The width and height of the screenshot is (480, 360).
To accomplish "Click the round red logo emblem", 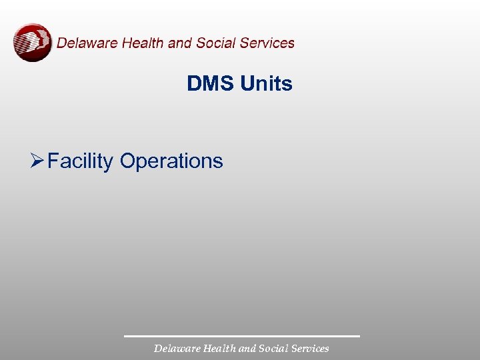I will click(32, 43).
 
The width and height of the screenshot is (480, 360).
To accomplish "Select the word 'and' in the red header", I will click(180, 43).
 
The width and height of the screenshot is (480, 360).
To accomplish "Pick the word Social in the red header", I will click(215, 43).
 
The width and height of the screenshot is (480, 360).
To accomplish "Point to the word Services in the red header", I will click(267, 43).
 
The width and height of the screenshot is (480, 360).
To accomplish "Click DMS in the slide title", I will click(211, 84).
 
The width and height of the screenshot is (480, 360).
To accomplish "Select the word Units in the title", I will click(266, 84).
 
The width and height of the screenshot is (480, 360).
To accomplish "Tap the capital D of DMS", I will click(194, 84).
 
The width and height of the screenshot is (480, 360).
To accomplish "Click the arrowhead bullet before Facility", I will click(37, 161).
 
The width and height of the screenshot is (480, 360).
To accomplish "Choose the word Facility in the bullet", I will click(81, 161).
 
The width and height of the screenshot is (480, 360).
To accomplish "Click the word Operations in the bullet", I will click(171, 161).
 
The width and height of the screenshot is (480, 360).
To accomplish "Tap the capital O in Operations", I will click(128, 161).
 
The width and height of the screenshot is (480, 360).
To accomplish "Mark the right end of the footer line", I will click(359, 336).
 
